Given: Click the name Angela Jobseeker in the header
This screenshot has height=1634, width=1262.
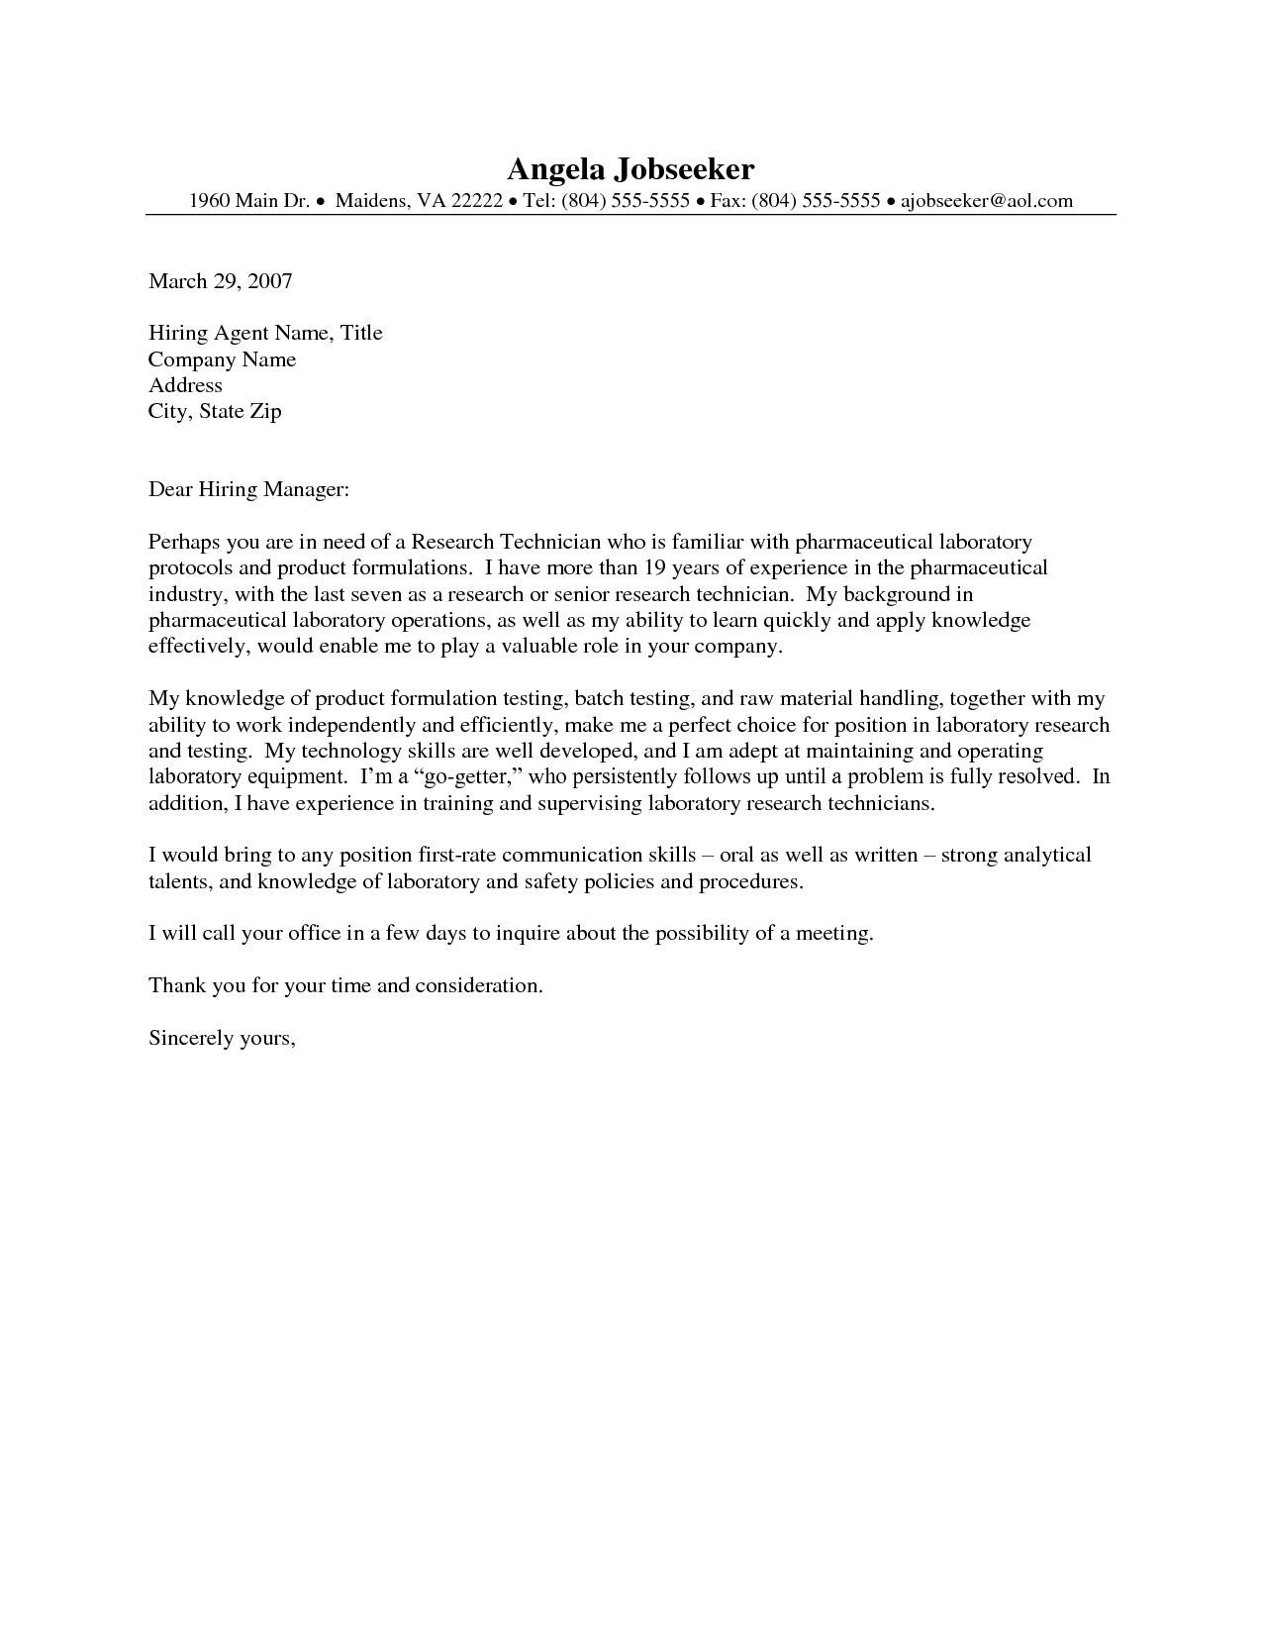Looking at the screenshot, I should pyautogui.click(x=631, y=168).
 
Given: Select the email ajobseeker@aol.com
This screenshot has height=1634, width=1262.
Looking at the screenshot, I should pyautogui.click(x=986, y=201).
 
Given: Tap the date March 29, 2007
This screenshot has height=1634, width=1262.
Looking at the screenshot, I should pyautogui.click(x=220, y=281).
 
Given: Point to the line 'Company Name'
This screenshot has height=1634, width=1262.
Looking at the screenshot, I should pyautogui.click(x=222, y=359).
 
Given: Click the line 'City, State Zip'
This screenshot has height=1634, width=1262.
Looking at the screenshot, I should pyautogui.click(x=215, y=411).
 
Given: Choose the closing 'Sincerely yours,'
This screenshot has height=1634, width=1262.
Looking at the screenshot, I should pyautogui.click(x=222, y=1038).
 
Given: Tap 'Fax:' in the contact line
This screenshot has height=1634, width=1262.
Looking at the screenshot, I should pyautogui.click(x=728, y=201).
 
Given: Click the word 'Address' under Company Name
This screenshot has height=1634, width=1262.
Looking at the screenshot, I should pyautogui.click(x=185, y=385).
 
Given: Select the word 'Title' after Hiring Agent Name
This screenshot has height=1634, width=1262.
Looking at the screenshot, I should pyautogui.click(x=361, y=333).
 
